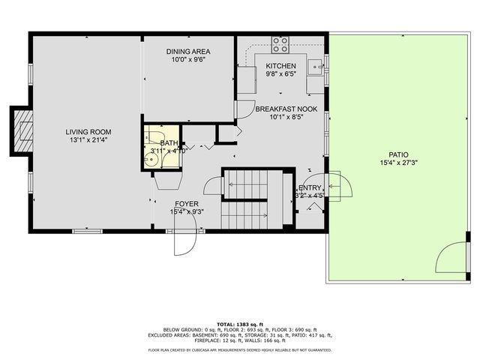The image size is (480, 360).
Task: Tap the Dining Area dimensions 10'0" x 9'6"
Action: click(188, 61)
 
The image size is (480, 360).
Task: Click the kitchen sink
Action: click(318, 66)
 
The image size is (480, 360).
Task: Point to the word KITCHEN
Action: click(280, 66)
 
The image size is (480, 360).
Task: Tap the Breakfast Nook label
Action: click(286, 109)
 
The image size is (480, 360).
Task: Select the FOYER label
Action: click(187, 203)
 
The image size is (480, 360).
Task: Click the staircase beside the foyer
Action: click(249, 196)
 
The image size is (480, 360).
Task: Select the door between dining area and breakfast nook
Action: click(244, 109)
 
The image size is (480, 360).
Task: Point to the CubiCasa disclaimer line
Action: click(240, 349)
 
